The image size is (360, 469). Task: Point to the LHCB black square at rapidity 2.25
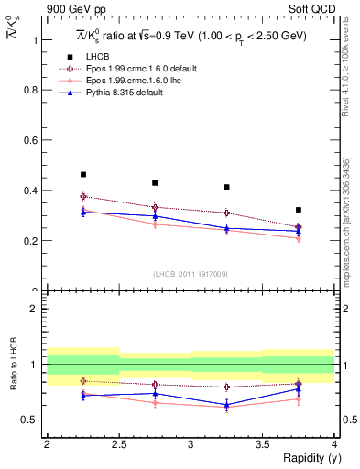82,174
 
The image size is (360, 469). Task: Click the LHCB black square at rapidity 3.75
298,210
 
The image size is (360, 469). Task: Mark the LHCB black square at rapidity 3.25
226,187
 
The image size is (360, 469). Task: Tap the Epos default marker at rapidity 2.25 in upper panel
82,196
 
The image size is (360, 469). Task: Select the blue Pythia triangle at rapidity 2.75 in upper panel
155,216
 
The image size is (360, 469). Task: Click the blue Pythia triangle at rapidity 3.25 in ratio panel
226,404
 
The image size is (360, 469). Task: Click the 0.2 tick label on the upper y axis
33,241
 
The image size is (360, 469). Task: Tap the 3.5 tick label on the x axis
262,444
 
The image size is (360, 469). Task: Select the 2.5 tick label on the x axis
118,444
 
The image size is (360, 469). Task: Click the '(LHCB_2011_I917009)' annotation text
191,273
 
